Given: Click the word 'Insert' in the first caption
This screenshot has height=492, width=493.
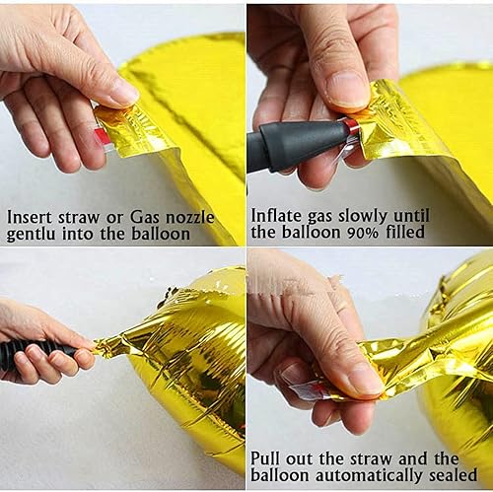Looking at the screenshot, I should (x=31, y=215).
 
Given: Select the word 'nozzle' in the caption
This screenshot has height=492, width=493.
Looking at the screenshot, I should (x=190, y=215).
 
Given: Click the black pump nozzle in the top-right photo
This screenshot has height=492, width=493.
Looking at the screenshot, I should (x=296, y=145).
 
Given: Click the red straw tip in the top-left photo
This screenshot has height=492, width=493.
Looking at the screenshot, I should (x=103, y=137).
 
